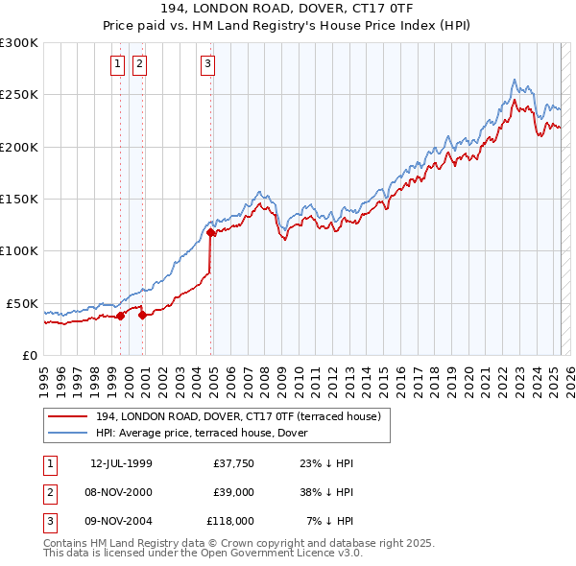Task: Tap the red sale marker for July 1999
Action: coord(121,316)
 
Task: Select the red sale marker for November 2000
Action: coord(142,314)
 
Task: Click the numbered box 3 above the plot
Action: coord(207,64)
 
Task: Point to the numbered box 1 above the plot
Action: coord(117,64)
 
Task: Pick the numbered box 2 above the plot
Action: coord(139,64)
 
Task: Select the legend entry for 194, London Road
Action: coord(238,416)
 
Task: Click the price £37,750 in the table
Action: coord(230,463)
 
